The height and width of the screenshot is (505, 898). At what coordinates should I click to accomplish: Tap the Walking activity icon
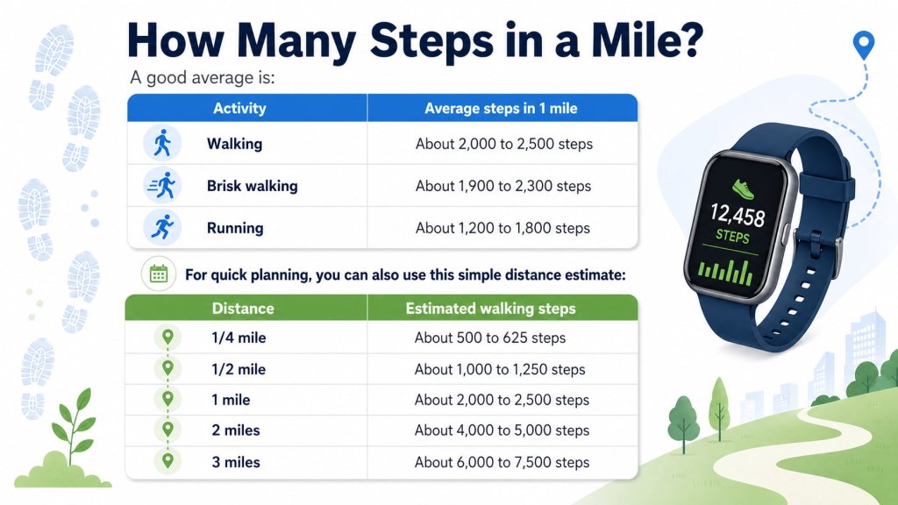[x=161, y=143]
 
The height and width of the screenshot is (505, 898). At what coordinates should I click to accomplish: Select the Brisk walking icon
[x=161, y=186]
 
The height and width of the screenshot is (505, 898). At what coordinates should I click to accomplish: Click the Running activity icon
[x=161, y=228]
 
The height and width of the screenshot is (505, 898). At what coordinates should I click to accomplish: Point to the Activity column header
[x=239, y=109]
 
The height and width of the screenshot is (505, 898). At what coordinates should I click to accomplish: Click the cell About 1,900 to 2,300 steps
[x=503, y=186]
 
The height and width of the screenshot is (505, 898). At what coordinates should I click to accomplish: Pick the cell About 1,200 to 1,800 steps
[x=502, y=228]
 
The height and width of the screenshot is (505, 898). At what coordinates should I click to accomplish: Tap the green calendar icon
[x=159, y=274]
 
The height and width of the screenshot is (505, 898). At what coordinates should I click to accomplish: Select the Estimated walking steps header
[x=490, y=309]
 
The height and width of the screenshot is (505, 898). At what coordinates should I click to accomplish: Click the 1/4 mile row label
[x=239, y=338]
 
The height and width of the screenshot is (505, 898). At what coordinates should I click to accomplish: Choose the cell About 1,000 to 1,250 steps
[x=500, y=369]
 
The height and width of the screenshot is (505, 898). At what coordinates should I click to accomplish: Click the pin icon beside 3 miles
[x=167, y=461]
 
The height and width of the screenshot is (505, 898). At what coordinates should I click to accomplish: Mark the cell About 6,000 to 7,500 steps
[x=502, y=462]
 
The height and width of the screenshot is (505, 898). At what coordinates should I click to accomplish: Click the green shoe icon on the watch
[x=744, y=185]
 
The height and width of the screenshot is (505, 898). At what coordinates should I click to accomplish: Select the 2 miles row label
[x=236, y=430]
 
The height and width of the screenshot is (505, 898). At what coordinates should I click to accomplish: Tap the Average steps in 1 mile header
[x=501, y=109]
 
